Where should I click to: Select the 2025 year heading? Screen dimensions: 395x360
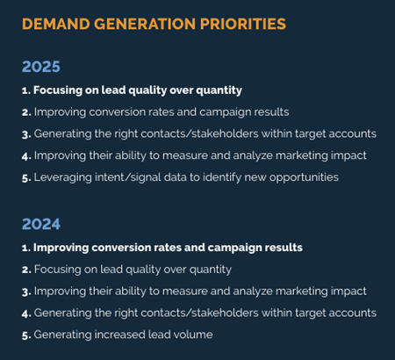click(41, 67)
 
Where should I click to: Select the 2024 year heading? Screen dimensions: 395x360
click(41, 224)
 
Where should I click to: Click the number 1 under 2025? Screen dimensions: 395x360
click(25, 90)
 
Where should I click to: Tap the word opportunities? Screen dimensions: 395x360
click(304, 177)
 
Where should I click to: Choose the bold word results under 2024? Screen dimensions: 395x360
click(284, 248)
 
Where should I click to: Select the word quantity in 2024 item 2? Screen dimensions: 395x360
click(211, 270)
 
